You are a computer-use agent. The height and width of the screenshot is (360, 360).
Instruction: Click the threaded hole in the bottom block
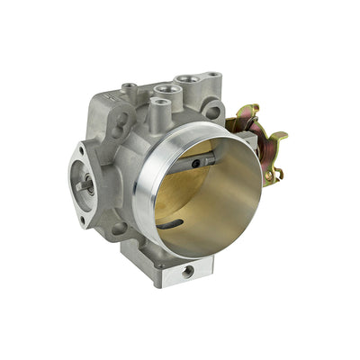(x=188, y=270)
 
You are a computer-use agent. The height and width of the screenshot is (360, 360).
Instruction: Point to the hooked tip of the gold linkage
(x=280, y=138)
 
